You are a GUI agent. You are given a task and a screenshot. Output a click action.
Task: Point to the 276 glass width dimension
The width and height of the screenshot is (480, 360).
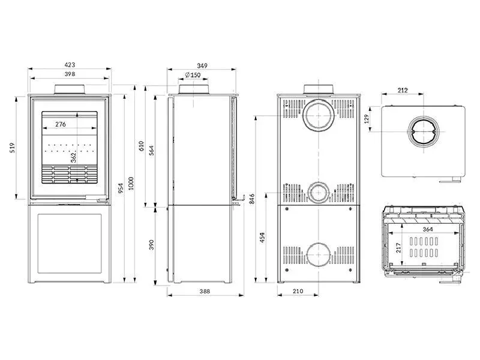tap(61, 124)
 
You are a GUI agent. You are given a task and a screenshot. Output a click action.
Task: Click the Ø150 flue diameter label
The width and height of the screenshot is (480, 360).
tap(193, 75)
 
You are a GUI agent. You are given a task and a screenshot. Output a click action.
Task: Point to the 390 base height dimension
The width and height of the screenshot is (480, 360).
tap(151, 245)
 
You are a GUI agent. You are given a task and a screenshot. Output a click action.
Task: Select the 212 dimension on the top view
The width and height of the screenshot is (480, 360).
tap(403, 91)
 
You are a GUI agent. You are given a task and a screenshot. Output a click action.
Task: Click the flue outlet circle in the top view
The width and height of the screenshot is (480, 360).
tap(424, 131)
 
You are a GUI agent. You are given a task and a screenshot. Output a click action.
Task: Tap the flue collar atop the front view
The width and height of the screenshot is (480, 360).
tap(71, 89)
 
